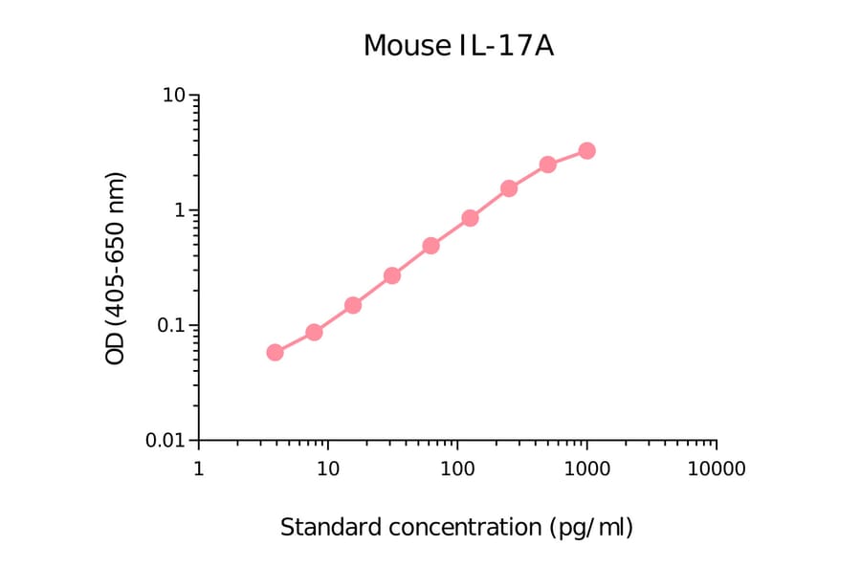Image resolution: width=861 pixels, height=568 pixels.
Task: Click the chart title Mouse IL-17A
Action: click(x=458, y=45)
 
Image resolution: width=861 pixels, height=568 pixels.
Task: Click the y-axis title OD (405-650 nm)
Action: click(x=116, y=268)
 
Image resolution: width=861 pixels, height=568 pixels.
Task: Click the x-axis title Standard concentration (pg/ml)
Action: click(x=456, y=527)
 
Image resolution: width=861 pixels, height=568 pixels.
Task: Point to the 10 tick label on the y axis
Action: click(x=174, y=96)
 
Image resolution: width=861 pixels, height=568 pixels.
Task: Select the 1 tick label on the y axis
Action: click(x=180, y=210)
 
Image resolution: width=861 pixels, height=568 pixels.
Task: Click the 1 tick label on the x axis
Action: click(x=198, y=470)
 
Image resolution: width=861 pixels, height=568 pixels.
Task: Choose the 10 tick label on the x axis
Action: click(x=327, y=470)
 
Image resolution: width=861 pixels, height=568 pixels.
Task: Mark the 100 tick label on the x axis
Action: click(x=457, y=470)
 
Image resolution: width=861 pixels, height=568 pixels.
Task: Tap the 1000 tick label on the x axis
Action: click(x=586, y=470)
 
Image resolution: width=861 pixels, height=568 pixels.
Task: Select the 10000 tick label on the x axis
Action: click(x=716, y=470)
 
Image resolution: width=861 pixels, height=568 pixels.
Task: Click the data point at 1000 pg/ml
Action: click(x=586, y=151)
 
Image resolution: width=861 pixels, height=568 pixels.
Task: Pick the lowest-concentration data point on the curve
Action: click(x=275, y=352)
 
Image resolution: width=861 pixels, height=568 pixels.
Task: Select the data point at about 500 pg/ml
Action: click(x=547, y=164)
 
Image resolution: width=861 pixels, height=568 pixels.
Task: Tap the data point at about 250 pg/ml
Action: click(x=509, y=188)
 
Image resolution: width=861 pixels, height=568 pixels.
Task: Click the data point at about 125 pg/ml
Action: click(x=470, y=218)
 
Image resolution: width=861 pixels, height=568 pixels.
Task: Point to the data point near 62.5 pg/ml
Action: click(x=430, y=246)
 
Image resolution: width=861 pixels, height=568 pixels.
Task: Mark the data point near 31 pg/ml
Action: click(x=391, y=275)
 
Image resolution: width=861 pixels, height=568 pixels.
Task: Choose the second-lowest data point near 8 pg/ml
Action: click(x=314, y=332)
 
